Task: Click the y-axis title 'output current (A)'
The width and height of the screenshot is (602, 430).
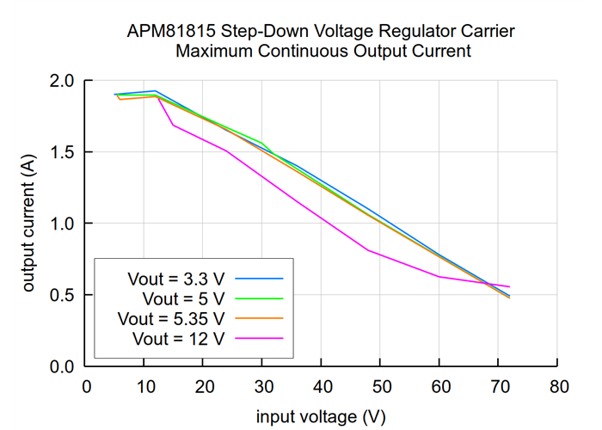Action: pos(28,224)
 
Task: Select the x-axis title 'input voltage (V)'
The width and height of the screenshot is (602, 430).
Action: pos(321,416)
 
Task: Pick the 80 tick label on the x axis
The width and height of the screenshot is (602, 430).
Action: pos(557,386)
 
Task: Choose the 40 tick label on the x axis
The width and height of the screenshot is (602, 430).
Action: pos(322,386)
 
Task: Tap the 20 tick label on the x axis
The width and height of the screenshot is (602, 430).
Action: pos(204,386)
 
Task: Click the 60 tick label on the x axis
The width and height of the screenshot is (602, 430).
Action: pos(439,386)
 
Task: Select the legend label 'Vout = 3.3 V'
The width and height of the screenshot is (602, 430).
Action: pos(175,279)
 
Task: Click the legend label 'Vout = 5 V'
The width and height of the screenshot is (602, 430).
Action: pos(183,298)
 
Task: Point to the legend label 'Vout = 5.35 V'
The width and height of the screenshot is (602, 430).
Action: pos(171,318)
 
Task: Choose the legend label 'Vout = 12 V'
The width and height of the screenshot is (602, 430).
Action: pos(179,338)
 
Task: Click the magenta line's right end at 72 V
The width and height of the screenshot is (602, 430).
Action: pos(510,286)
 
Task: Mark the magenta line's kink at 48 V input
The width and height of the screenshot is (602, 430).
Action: pos(368,250)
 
